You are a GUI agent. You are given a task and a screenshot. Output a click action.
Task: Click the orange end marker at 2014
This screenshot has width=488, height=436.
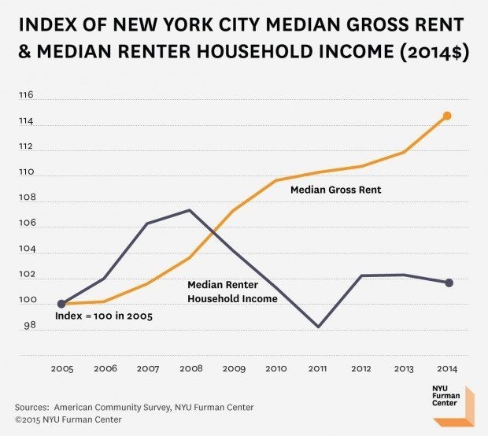tap(447, 116)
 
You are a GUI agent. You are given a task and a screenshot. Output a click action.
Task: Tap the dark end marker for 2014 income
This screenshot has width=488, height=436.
tap(449, 283)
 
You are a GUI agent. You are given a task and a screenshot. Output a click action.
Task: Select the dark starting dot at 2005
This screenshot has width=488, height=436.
tap(61, 304)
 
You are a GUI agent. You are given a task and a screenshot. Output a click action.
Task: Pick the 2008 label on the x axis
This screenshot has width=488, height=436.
tap(190, 368)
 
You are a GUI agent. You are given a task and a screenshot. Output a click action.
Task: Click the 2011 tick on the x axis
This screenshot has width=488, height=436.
tap(318, 368)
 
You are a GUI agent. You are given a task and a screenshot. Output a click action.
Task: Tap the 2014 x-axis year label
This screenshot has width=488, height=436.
tap(447, 368)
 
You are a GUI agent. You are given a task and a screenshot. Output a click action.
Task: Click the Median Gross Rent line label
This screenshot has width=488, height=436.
tap(335, 190)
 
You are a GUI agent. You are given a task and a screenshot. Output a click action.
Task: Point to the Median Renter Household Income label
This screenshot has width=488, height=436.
tap(232, 292)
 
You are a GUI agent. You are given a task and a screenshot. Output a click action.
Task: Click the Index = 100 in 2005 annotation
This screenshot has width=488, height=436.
tap(102, 316)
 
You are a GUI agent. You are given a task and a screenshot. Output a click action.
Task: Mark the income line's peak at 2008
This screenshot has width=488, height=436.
tap(190, 210)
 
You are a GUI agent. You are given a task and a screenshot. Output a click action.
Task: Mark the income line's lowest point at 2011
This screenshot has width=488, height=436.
tap(318, 326)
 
